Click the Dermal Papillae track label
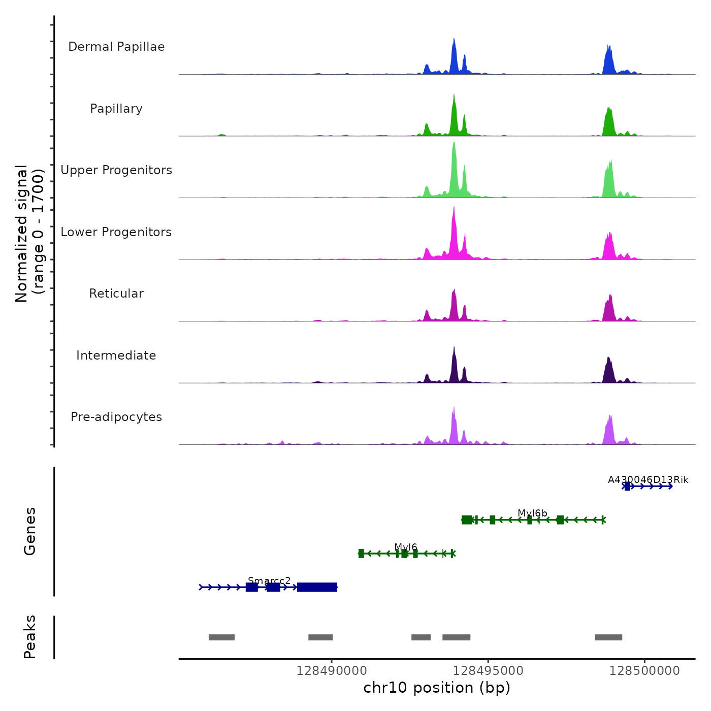[x=116, y=47]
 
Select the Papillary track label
[x=116, y=109]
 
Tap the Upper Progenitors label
[x=116, y=170]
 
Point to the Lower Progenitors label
[x=116, y=232]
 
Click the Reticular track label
[x=116, y=294]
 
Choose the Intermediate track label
[x=116, y=355]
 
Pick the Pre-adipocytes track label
[x=116, y=417]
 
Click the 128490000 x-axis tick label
[x=332, y=671]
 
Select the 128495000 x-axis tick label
[x=488, y=671]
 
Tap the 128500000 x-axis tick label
[x=644, y=671]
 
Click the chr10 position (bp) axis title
[x=437, y=688]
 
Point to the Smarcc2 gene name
[x=269, y=581]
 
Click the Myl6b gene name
[x=532, y=513]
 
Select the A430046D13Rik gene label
[x=648, y=480]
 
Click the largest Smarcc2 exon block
[x=317, y=587]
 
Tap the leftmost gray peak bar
[x=221, y=637]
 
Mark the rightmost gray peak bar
[x=608, y=637]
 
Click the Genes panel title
[x=29, y=531]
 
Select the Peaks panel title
[x=29, y=637]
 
